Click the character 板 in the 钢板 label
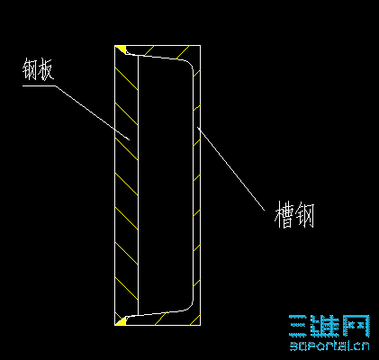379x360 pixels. click(46, 70)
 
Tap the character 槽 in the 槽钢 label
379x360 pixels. click(284, 214)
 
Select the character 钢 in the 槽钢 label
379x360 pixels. click(304, 215)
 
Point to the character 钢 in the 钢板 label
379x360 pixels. click(30, 69)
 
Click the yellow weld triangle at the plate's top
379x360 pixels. click(121, 49)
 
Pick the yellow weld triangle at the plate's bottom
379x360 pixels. click(121, 321)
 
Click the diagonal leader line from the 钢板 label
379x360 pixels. click(92, 112)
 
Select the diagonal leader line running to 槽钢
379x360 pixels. click(231, 168)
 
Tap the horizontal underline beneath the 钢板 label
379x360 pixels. click(39, 85)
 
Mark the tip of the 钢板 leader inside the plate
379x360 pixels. click(129, 139)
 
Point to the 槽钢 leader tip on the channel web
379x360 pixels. click(198, 128)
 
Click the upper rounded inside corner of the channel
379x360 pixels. click(189, 65)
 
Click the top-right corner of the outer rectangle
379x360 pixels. click(200, 46)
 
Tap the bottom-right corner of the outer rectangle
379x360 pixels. click(200, 325)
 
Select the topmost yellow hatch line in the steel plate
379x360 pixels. click(127, 79)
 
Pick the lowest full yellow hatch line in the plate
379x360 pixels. click(127, 289)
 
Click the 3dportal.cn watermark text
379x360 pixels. click(329, 346)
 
